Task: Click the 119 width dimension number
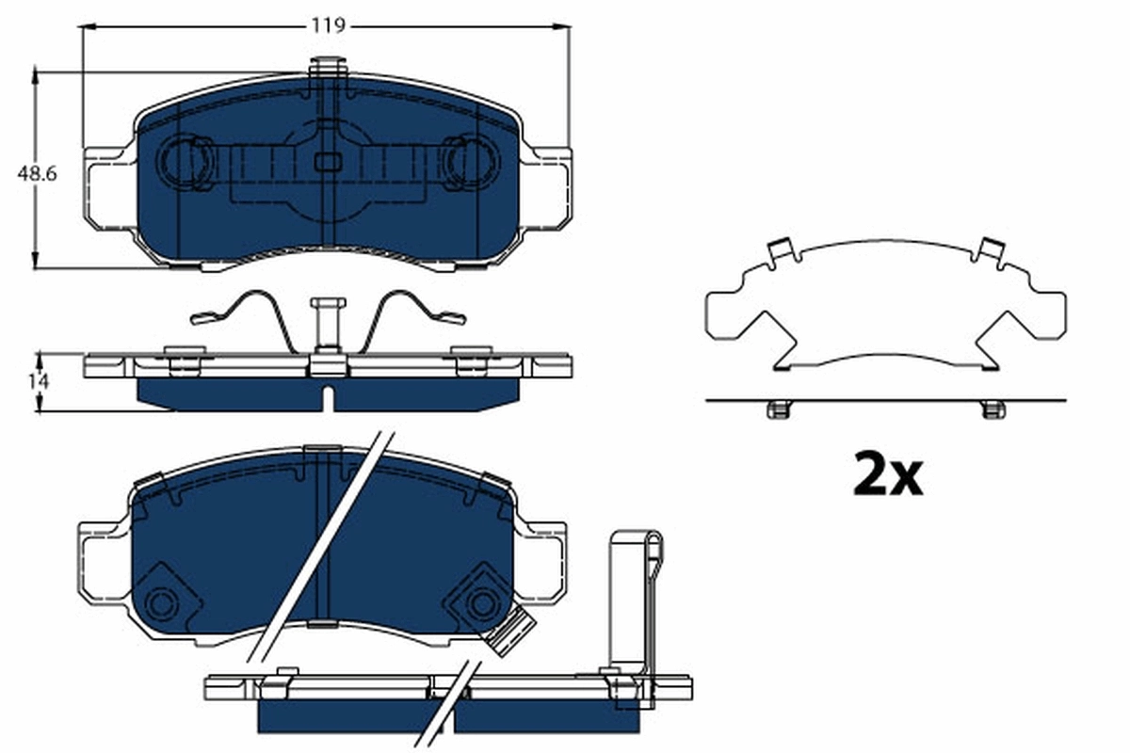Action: point(329,26)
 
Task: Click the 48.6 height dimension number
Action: point(38,174)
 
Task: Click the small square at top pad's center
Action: point(327,162)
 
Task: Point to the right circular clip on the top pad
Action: point(469,163)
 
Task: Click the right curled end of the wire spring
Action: point(453,318)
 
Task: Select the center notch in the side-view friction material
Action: point(327,399)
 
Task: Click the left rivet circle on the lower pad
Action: point(164,603)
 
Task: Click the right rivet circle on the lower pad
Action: point(483,602)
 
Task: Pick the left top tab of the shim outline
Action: point(780,250)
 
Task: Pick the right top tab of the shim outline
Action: point(990,249)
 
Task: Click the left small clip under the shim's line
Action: point(778,409)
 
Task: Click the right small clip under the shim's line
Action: point(993,409)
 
